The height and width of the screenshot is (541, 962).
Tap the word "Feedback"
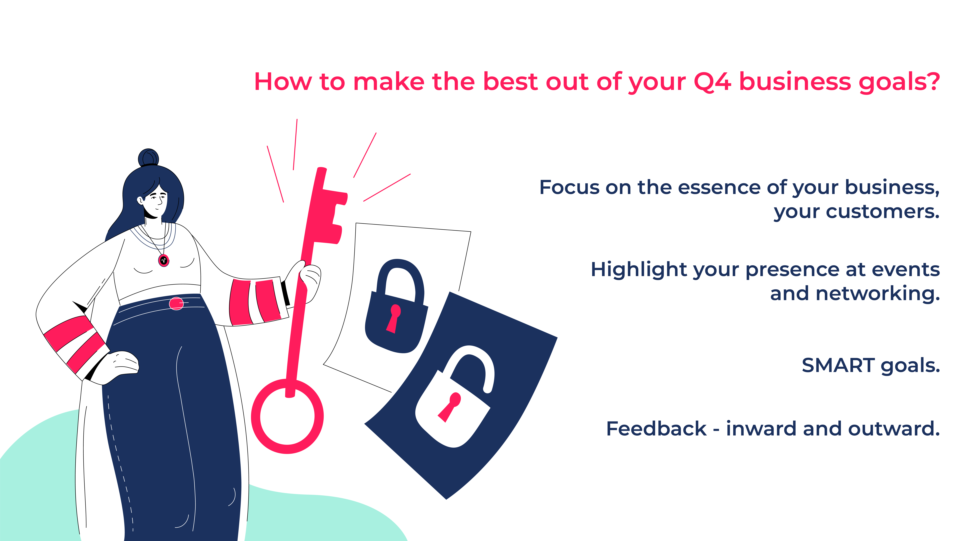[656, 429]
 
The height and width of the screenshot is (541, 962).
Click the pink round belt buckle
[176, 303]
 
